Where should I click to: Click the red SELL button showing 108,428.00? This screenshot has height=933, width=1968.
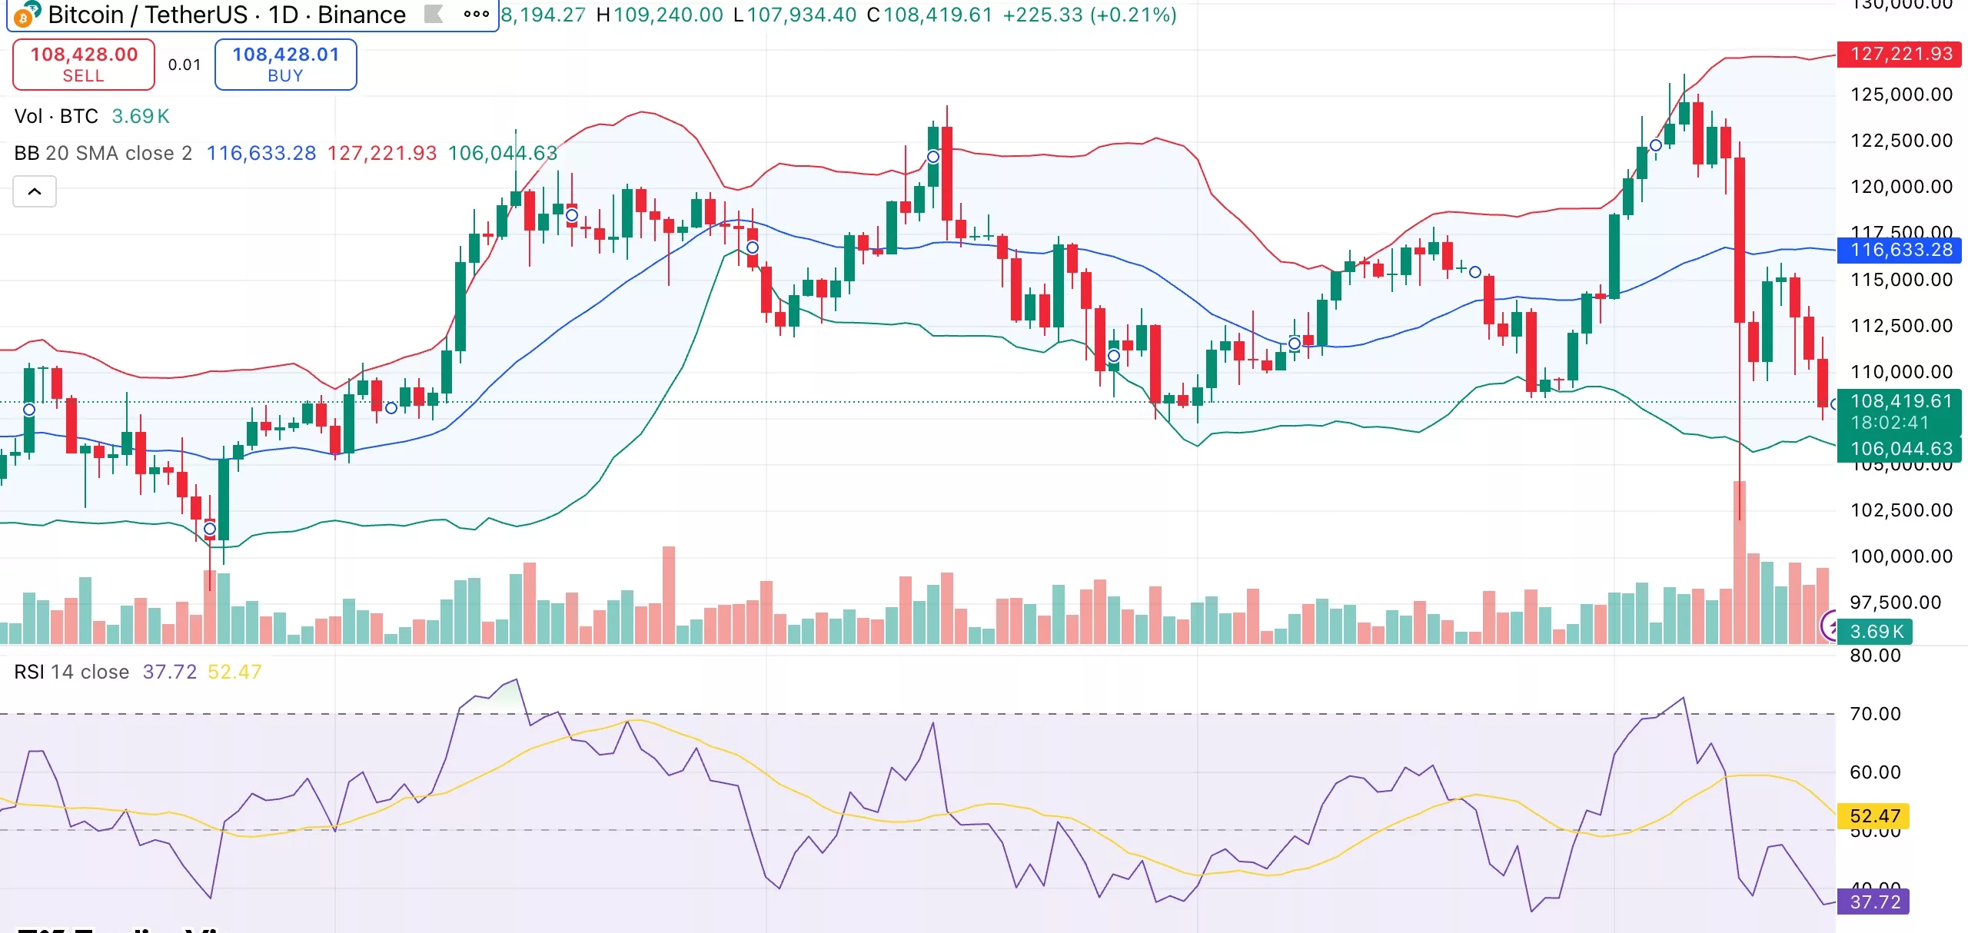coord(83,65)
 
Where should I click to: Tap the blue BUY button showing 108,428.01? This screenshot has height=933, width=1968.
coord(285,65)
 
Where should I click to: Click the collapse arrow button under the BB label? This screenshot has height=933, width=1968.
coord(35,191)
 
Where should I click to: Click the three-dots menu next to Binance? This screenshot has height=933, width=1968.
coord(476,14)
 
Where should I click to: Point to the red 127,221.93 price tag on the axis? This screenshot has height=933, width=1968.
coord(1900,54)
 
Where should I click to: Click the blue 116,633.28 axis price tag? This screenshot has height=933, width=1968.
coord(1900,250)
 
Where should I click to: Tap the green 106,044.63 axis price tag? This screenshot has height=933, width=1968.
coord(1900,449)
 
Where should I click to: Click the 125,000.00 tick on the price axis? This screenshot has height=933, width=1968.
coord(1900,95)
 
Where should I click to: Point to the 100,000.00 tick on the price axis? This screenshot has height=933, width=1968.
coord(1900,556)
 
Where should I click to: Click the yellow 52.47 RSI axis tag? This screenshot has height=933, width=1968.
coord(1874,816)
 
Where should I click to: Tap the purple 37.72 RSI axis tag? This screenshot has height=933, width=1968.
coord(1874,902)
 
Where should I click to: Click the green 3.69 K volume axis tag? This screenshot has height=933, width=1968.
coord(1876,632)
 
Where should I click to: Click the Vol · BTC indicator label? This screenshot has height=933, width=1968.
coord(56,116)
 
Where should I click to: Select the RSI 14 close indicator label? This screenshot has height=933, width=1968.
coord(71,672)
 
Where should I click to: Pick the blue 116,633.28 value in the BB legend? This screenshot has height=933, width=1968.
coord(261,153)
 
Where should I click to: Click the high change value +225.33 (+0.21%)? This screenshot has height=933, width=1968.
coord(1089,15)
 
